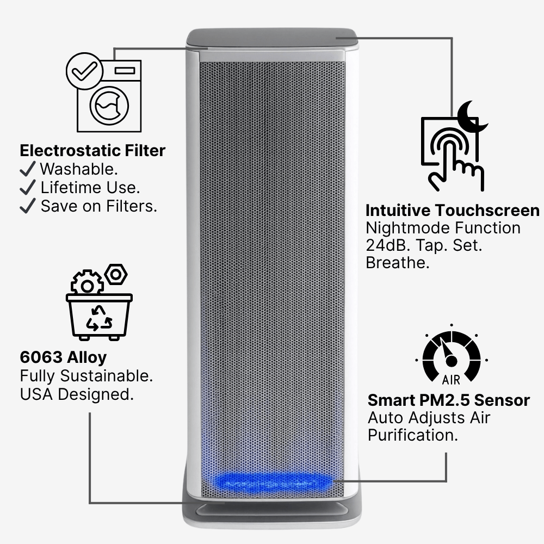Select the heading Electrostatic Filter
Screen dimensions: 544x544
pos(92,150)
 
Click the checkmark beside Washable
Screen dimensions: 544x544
pos(27,169)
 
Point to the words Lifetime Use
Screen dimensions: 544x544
pos(90,188)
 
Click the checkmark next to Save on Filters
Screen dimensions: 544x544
pos(27,206)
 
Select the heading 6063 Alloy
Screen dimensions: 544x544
pos(63,357)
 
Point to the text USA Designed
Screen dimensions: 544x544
pos(77,394)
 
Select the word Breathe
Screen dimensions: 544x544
pos(397,263)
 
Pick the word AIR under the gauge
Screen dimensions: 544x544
pos(452,379)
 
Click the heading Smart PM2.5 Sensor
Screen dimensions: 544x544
pos(449,400)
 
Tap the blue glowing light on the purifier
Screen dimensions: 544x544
pos(272,481)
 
